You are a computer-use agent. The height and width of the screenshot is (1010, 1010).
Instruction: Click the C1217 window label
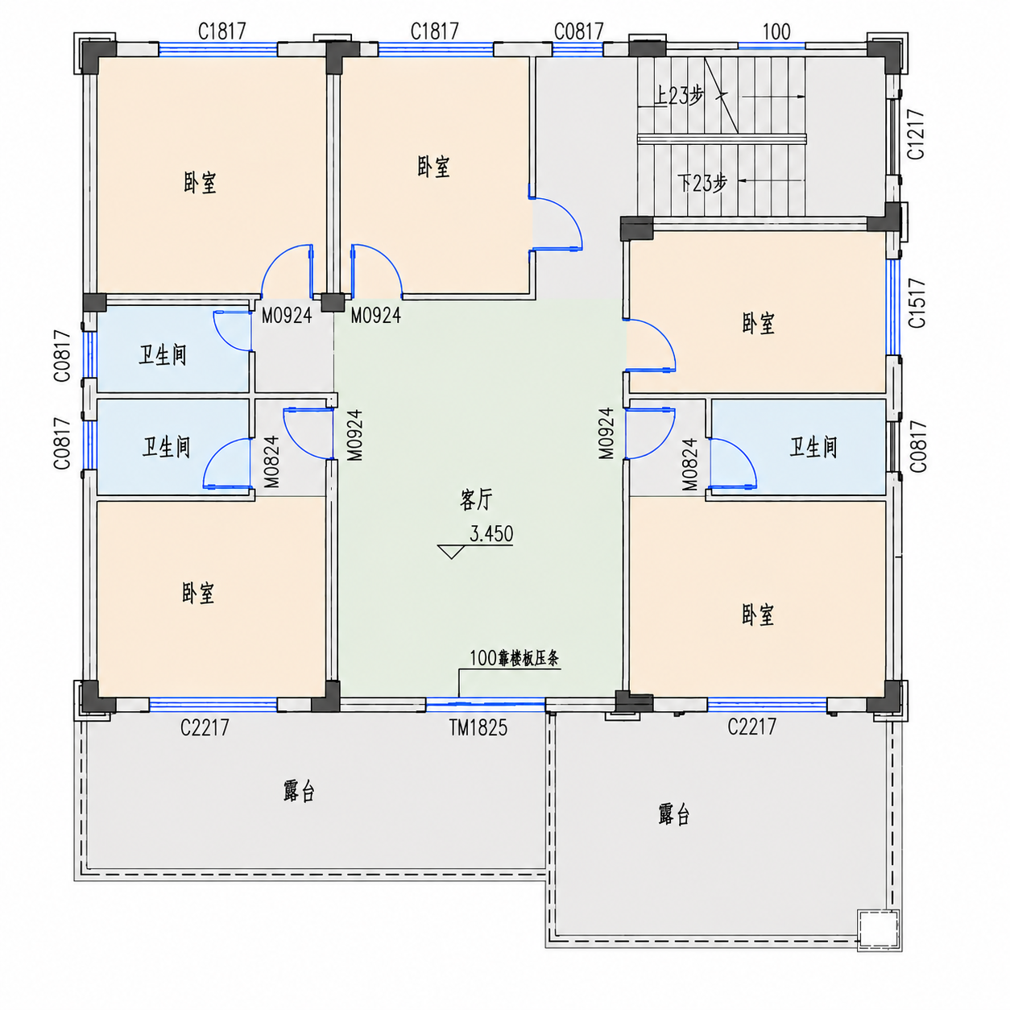[916, 135]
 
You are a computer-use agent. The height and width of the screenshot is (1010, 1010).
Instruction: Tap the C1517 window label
[917, 303]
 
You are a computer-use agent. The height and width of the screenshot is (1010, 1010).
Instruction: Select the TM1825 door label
[478, 727]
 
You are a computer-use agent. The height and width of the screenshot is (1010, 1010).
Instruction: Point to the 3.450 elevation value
[491, 533]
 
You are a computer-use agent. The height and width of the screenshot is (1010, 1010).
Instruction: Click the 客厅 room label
[476, 499]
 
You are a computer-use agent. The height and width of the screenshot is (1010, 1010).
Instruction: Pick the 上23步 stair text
[679, 96]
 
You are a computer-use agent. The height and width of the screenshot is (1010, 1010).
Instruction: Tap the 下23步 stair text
[702, 183]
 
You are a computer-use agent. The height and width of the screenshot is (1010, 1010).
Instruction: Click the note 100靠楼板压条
[515, 658]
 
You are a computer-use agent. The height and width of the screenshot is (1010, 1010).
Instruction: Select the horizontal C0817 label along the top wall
[578, 31]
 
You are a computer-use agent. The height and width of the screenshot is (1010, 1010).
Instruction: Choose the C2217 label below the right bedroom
[751, 726]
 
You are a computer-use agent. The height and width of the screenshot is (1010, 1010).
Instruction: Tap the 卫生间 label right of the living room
[813, 447]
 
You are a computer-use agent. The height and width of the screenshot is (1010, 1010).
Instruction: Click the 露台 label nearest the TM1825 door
[299, 791]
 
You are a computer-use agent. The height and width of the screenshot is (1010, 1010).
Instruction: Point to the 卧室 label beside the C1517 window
[758, 323]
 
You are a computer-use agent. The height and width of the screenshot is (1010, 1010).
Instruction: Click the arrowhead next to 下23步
[742, 181]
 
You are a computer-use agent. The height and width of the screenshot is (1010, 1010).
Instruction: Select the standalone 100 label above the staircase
[776, 32]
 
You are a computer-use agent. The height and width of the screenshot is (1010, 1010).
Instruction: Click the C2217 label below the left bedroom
[205, 727]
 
